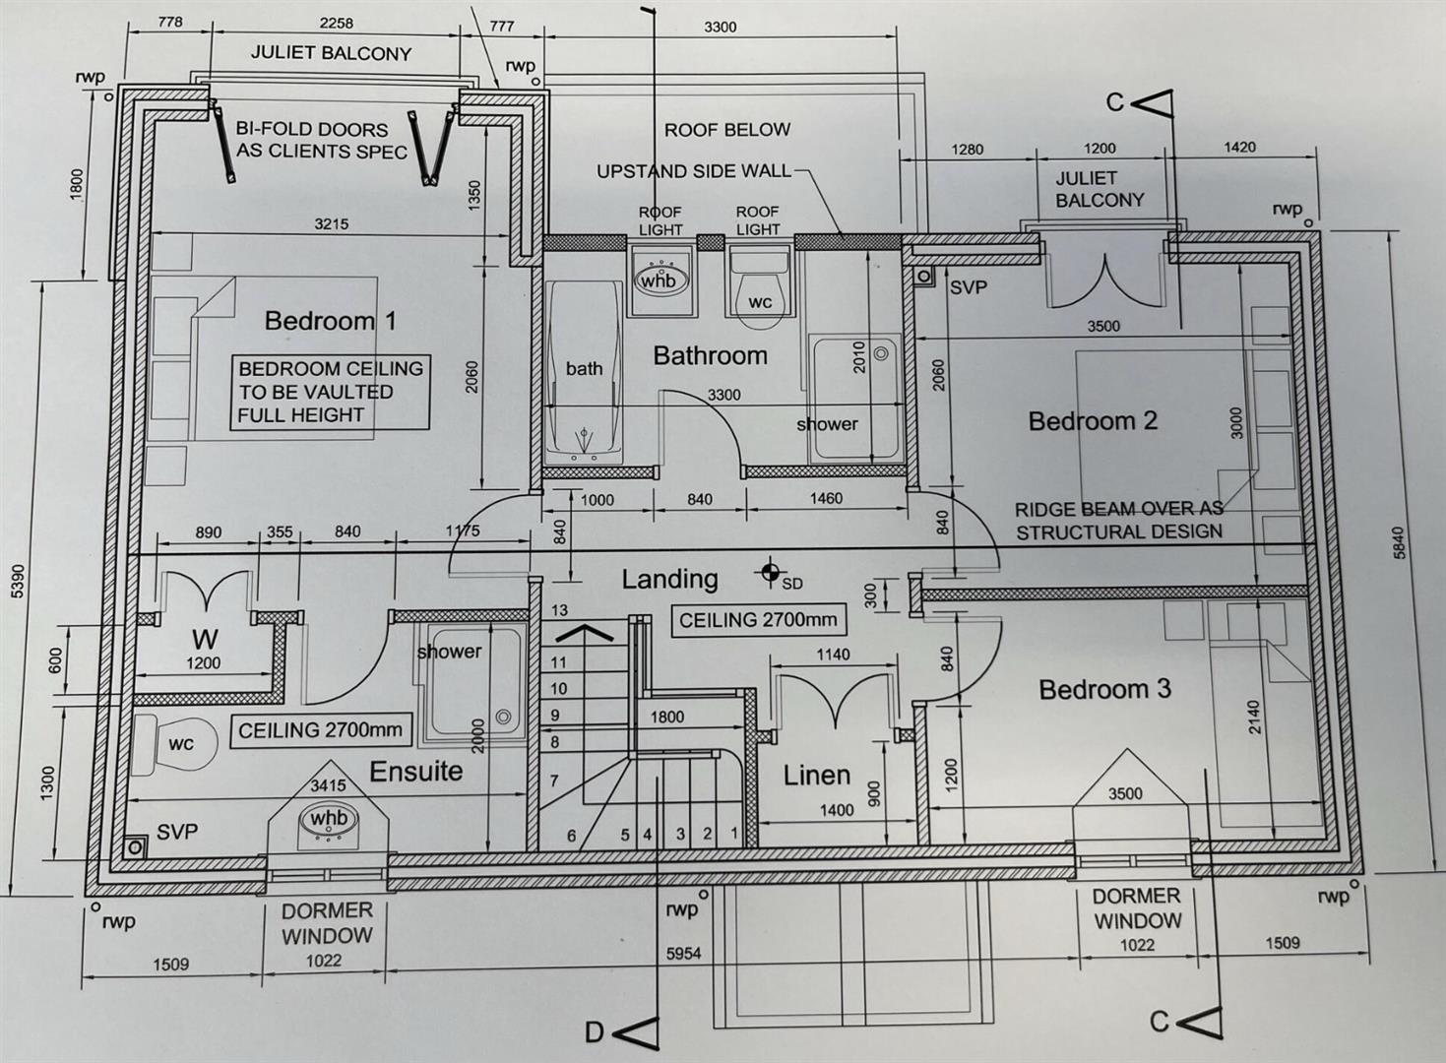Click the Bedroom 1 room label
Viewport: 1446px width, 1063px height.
click(x=330, y=321)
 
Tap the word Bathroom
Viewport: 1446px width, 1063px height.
click(x=710, y=355)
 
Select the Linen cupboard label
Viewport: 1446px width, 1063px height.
click(x=817, y=776)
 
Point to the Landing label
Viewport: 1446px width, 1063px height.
click(x=669, y=579)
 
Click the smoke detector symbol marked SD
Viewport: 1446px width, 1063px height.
click(x=770, y=571)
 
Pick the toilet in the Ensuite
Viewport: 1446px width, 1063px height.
click(x=173, y=745)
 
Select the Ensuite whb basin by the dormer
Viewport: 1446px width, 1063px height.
click(x=329, y=821)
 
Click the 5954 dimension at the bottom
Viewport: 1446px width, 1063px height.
click(x=683, y=954)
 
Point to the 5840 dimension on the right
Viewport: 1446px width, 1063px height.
click(x=1399, y=542)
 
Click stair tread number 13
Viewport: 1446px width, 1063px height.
click(x=559, y=610)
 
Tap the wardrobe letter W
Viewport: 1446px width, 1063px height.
click(x=205, y=639)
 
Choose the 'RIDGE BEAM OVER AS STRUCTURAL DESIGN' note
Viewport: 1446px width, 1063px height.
click(x=1119, y=521)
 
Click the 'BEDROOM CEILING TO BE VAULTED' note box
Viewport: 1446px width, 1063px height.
click(x=330, y=392)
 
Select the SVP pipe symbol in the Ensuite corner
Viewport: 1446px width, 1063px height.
click(x=135, y=846)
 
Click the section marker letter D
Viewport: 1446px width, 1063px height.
click(x=594, y=1033)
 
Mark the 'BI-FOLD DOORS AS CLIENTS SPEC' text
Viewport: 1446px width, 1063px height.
click(x=322, y=140)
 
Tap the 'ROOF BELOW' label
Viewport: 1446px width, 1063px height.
click(x=727, y=130)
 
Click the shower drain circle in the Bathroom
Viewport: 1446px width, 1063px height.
click(x=881, y=353)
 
